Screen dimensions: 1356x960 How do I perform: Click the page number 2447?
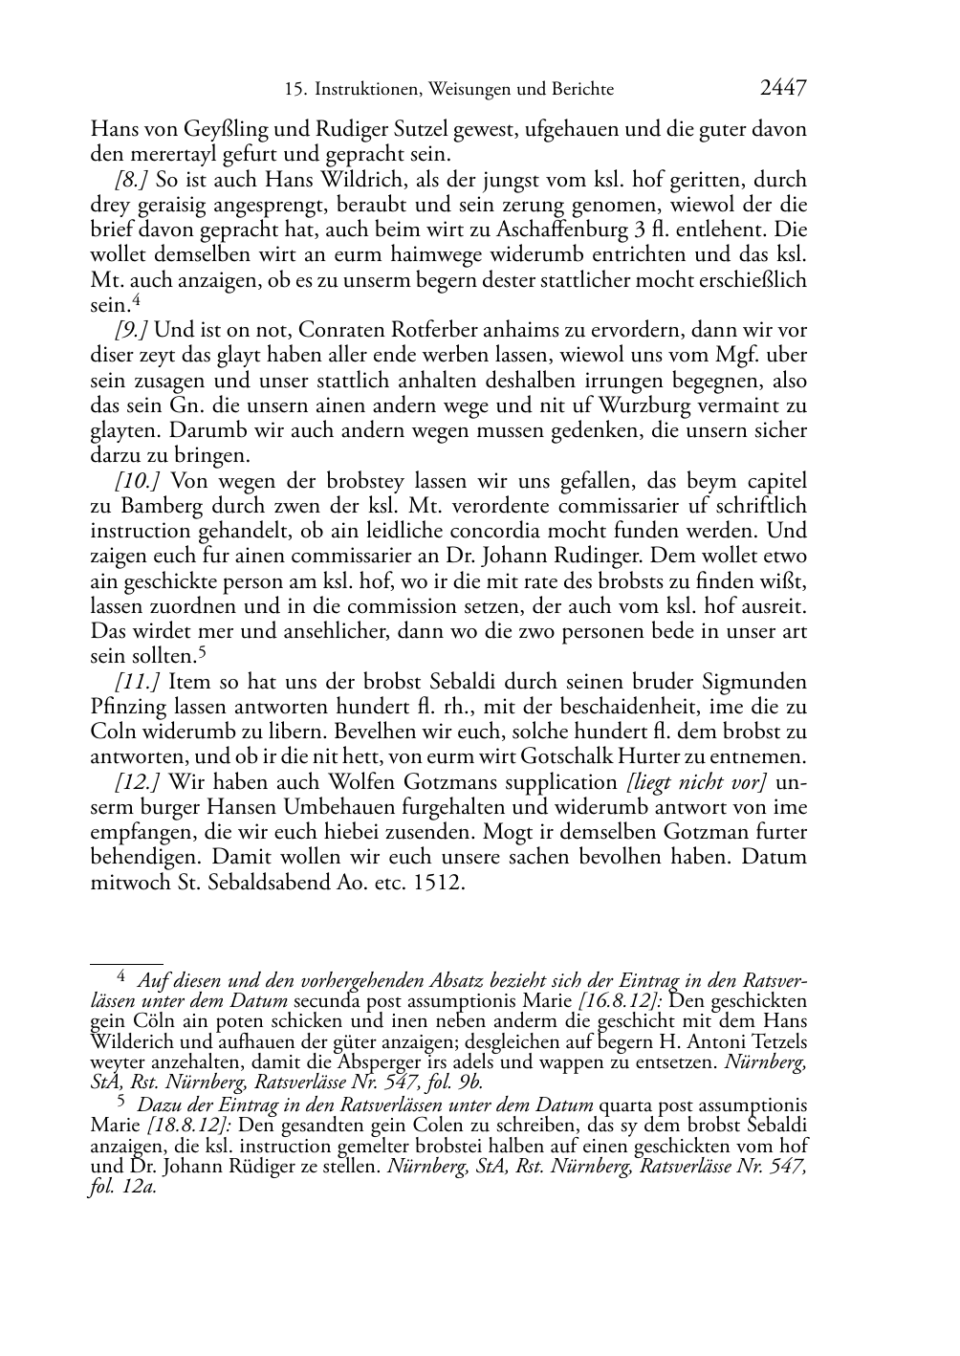tap(783, 88)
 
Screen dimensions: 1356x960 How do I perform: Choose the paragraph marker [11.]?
tap(136, 682)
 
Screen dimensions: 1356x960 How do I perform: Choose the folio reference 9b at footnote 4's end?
tap(471, 1083)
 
